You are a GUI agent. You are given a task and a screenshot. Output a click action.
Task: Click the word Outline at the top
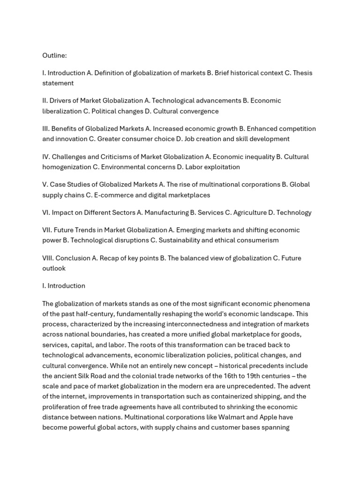tap(54, 55)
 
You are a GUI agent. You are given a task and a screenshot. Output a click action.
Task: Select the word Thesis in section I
tap(303, 73)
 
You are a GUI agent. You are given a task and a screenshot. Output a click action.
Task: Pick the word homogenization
tap(66, 167)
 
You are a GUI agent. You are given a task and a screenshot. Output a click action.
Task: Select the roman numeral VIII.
tap(47, 258)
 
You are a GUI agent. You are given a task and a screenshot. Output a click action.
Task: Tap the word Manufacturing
tap(166, 212)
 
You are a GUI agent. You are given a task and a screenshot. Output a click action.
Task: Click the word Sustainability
tap(183, 240)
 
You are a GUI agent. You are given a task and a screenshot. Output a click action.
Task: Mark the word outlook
tap(54, 268)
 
